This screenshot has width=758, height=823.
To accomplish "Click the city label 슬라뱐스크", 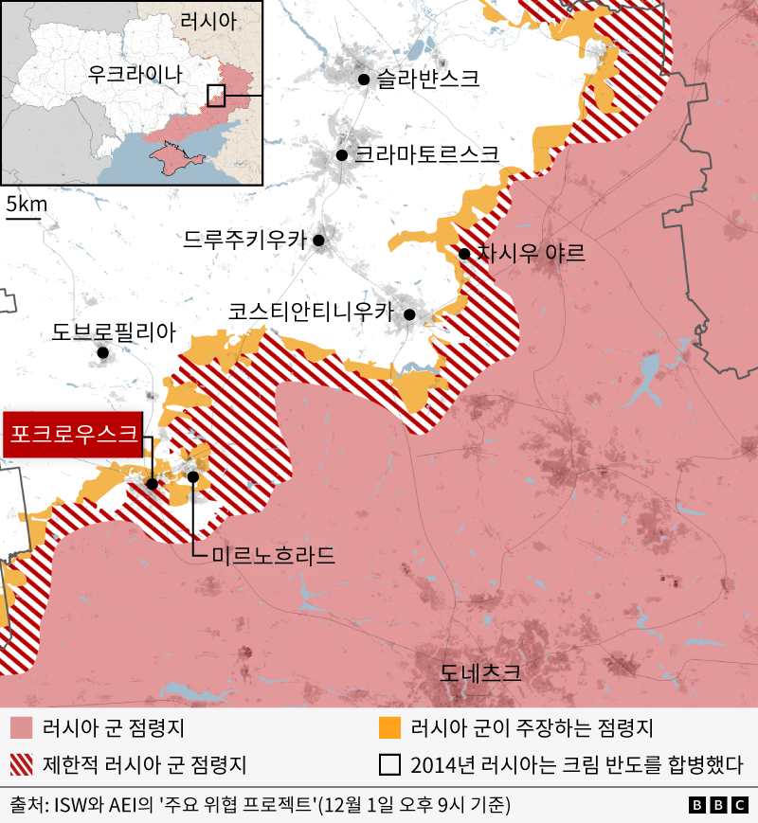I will pyautogui.click(x=426, y=80).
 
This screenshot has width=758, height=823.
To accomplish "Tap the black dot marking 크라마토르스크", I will pyautogui.click(x=342, y=154).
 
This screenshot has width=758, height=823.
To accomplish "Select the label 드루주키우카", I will pyautogui.click(x=244, y=241).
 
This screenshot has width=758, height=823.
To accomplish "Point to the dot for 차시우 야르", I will pyautogui.click(x=464, y=253).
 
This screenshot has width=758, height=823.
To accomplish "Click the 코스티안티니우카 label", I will pyautogui.click(x=310, y=311).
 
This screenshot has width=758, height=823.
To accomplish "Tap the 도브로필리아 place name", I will pyautogui.click(x=114, y=331).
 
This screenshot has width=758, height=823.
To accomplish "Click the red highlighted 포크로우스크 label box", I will pyautogui.click(x=74, y=437).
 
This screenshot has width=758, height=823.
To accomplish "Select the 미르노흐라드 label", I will pyautogui.click(x=273, y=555).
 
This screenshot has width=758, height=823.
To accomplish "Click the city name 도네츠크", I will pyautogui.click(x=480, y=674).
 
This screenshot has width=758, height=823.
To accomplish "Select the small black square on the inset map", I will pyautogui.click(x=216, y=95).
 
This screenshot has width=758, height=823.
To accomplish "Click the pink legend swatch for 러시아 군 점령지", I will pyautogui.click(x=21, y=728).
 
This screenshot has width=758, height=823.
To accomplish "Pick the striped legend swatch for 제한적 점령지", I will pyautogui.click(x=21, y=764).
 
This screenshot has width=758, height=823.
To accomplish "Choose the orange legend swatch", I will pyautogui.click(x=388, y=728).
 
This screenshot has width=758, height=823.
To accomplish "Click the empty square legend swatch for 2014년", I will pyautogui.click(x=388, y=764).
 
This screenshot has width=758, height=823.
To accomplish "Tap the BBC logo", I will pyautogui.click(x=719, y=805).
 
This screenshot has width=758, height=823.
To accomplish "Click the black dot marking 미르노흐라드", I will pyautogui.click(x=193, y=476).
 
